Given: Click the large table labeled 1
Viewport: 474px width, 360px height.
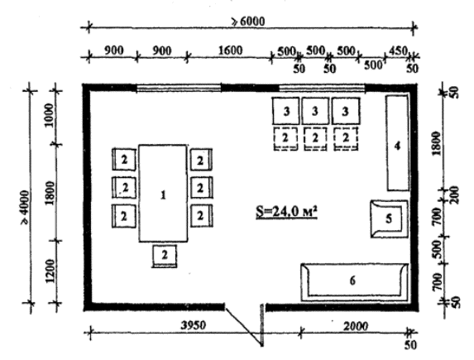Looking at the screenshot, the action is [163, 194].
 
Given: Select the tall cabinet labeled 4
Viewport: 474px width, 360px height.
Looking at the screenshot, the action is [398, 143].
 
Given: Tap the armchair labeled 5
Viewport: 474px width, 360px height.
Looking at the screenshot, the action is [390, 218].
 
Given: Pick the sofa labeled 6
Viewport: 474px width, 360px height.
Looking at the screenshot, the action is [355, 282].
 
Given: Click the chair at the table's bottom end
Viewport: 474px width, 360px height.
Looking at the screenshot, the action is [164, 257].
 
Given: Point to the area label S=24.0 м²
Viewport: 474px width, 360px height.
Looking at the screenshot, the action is [286, 212].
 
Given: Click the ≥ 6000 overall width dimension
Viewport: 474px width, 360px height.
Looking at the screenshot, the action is [248, 22].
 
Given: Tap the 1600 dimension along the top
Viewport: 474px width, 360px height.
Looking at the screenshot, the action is [230, 50].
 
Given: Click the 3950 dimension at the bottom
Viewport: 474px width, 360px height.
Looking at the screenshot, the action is [194, 325].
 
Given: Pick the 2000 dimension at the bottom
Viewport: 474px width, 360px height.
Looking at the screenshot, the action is [356, 326].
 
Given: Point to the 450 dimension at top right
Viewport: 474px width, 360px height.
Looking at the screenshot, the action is [398, 50].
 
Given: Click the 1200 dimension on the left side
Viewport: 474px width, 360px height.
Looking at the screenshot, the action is [50, 271].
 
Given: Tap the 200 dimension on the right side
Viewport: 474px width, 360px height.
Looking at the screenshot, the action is [454, 194].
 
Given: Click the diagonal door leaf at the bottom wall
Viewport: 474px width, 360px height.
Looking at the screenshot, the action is [243, 326].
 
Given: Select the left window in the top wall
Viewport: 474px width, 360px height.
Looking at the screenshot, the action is [179, 89].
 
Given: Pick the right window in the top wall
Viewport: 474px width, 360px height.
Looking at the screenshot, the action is [322, 89].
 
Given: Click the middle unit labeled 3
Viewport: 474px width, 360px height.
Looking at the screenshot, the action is [315, 111].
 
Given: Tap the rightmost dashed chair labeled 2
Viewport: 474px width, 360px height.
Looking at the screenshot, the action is [346, 138].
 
